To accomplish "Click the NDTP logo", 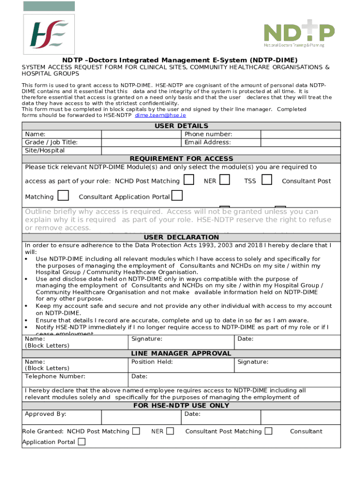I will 299,34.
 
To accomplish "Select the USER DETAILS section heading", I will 181,126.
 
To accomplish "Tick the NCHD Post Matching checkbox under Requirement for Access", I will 189,180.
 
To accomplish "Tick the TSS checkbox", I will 267,180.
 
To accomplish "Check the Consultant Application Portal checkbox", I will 177,195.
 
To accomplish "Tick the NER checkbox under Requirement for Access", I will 224,180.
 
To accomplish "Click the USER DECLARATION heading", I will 181,237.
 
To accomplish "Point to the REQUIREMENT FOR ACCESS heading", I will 181,159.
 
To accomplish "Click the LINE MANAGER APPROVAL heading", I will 181,353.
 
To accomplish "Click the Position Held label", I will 152,362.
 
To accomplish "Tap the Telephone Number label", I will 55,376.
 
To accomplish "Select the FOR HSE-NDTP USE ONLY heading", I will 181,406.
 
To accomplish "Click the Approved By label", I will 45,414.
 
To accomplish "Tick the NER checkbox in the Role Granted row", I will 170,431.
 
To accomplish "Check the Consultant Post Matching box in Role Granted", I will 268,431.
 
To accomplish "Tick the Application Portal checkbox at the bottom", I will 82,442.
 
